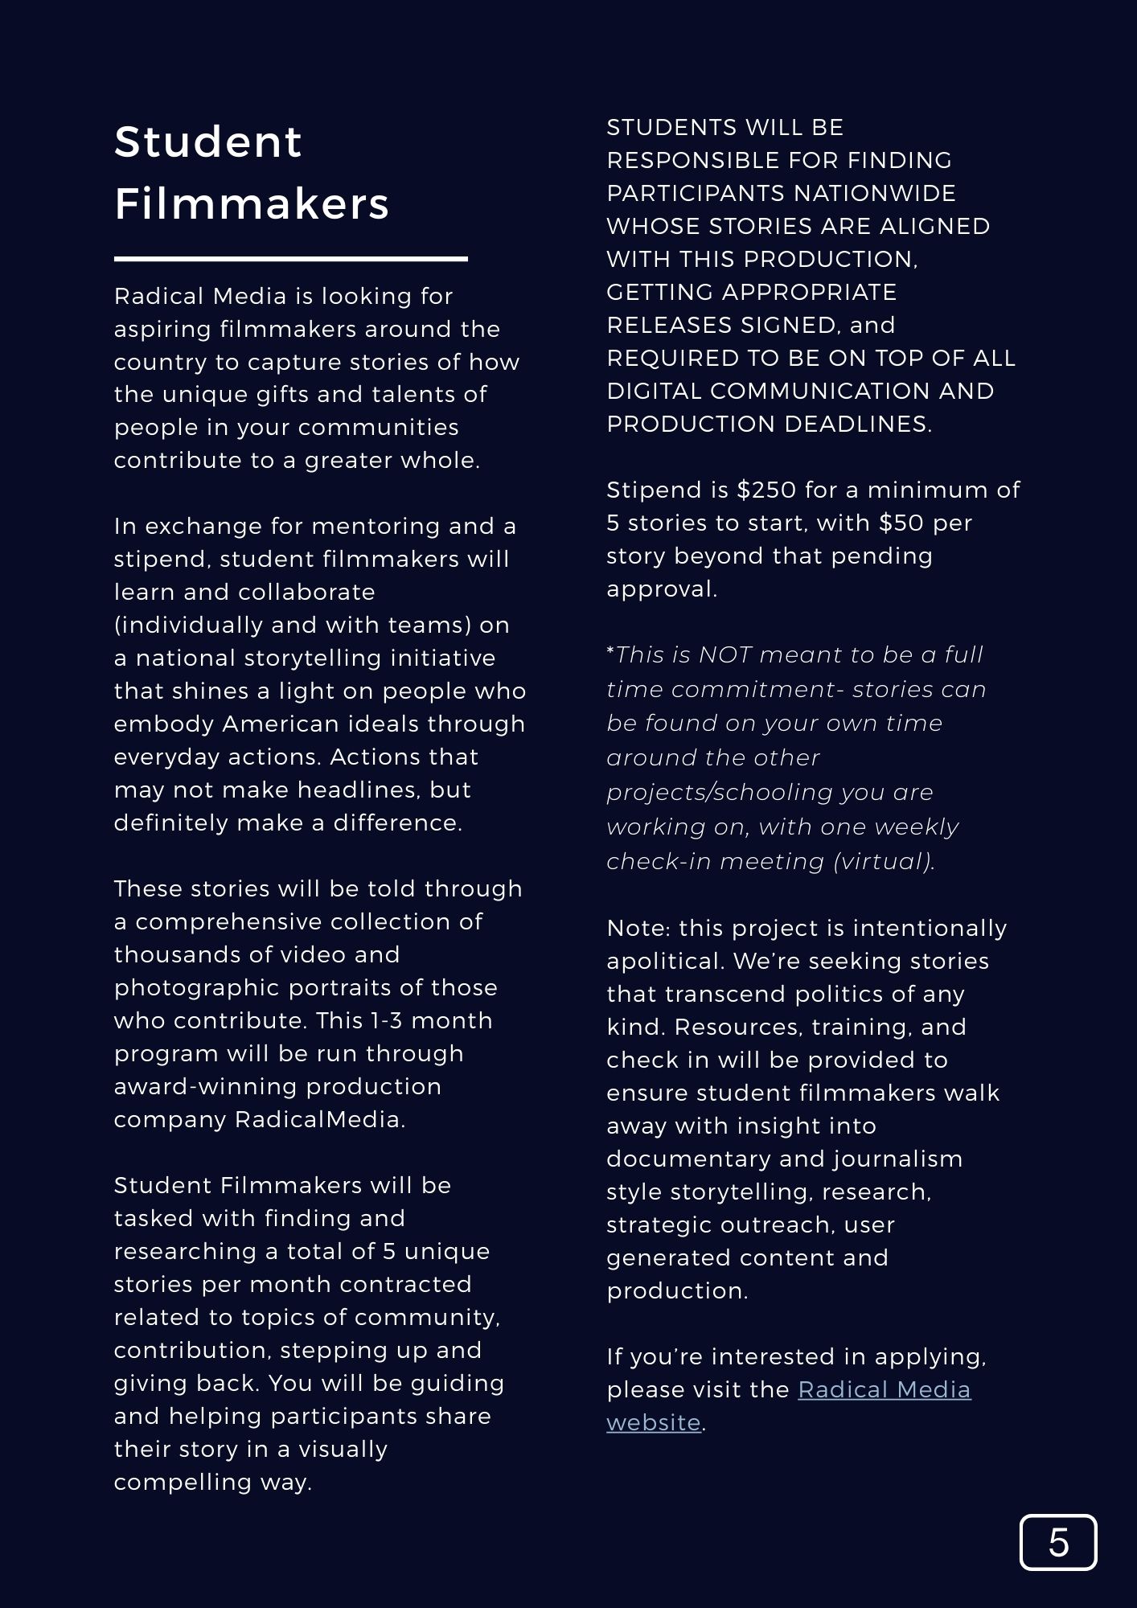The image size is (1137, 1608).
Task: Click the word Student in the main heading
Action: (x=207, y=142)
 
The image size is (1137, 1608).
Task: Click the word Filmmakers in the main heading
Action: (x=252, y=203)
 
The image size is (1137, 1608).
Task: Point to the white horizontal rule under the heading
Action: (x=290, y=259)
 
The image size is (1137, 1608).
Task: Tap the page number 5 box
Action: (x=1057, y=1542)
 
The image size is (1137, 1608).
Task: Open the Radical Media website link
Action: (x=884, y=1389)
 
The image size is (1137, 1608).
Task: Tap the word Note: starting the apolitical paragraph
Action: (x=638, y=928)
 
